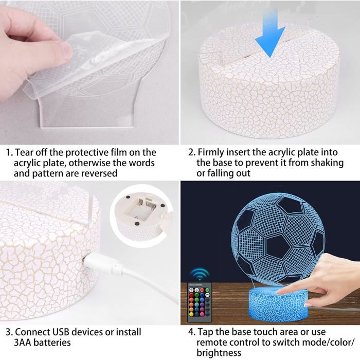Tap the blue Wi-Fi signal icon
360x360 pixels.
(x=200, y=274)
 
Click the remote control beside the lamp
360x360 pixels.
(x=200, y=302)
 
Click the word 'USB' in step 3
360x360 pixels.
(x=62, y=332)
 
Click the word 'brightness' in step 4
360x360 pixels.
(x=219, y=353)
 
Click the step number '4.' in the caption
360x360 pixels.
(x=192, y=332)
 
